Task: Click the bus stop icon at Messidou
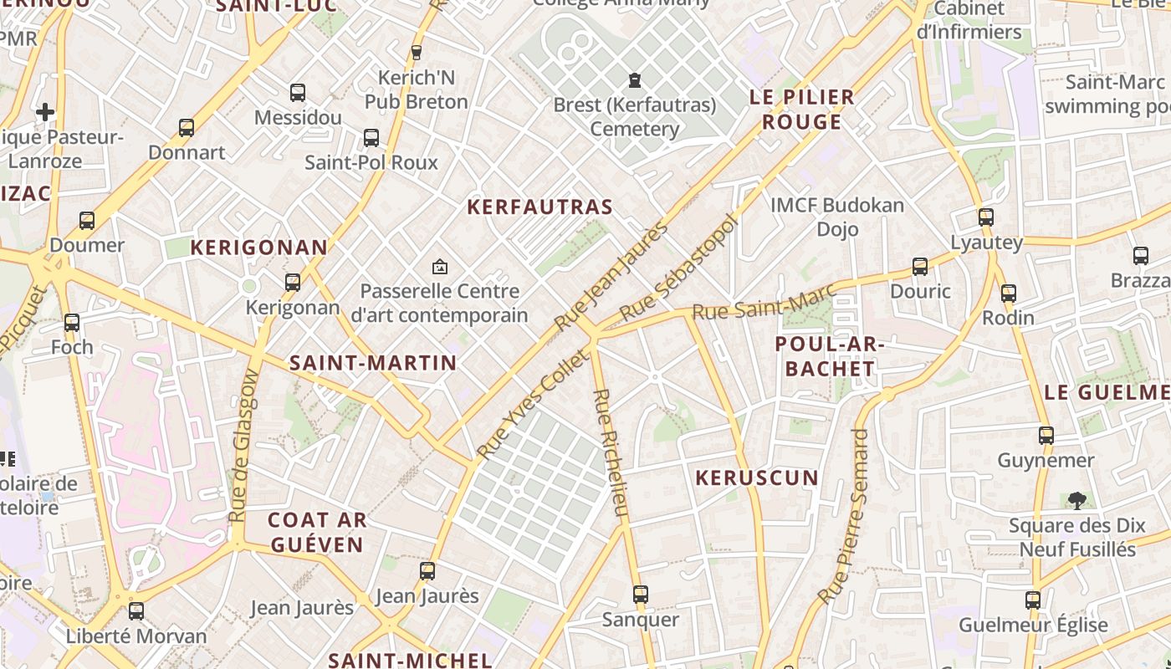click(x=297, y=93)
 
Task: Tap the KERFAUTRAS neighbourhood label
click(x=539, y=207)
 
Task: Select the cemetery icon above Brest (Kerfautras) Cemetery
click(x=635, y=80)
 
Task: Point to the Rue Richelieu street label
click(x=609, y=452)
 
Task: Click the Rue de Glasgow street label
click(x=244, y=447)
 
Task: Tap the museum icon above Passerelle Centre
click(x=439, y=267)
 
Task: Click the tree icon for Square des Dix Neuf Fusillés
click(x=1076, y=501)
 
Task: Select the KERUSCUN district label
click(x=757, y=478)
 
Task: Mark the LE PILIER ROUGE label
click(x=801, y=110)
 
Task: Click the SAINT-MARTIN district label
click(x=373, y=363)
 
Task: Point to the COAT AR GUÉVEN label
click(x=316, y=533)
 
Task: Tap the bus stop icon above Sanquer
click(x=641, y=595)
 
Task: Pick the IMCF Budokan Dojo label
click(x=837, y=217)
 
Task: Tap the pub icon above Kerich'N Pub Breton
click(x=417, y=53)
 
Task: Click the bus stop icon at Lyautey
click(x=986, y=217)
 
